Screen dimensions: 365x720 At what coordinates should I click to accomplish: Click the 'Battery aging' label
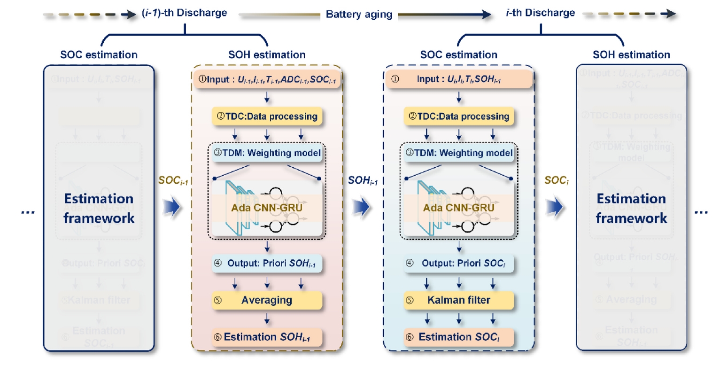359,15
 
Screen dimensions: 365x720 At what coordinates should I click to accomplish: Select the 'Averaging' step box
267,300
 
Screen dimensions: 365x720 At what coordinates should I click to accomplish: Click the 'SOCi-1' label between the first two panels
173,180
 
